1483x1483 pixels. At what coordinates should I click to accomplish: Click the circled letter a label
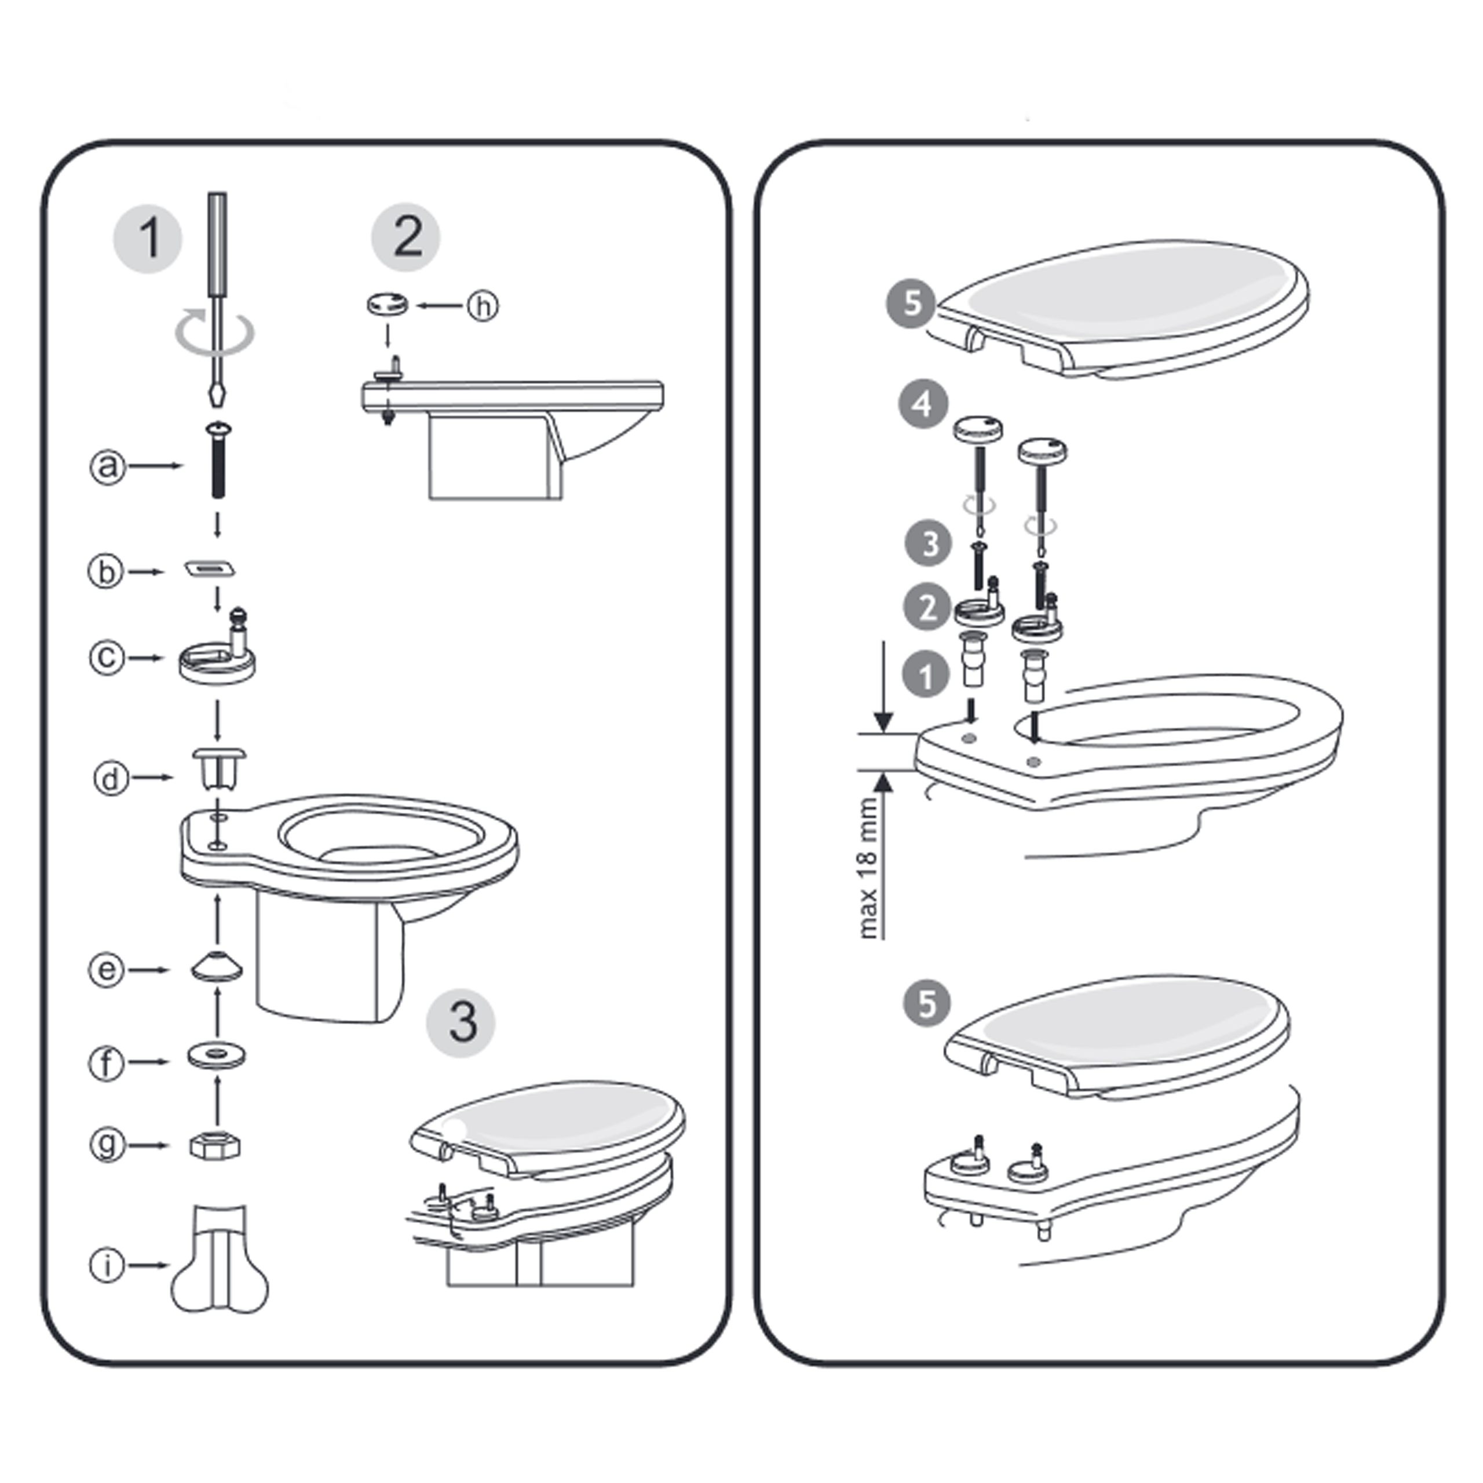[108, 466]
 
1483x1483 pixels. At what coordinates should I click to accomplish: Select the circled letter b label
[106, 572]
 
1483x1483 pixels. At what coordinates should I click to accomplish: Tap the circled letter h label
[483, 306]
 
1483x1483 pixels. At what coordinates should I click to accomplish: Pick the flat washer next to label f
[217, 1056]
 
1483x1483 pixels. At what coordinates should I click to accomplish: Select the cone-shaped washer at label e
[217, 966]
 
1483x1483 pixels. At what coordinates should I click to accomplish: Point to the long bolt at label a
[217, 460]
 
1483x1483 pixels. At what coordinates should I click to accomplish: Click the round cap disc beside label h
[386, 304]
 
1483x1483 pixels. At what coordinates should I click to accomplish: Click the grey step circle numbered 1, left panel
[147, 239]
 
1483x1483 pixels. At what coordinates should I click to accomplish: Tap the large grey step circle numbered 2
[406, 237]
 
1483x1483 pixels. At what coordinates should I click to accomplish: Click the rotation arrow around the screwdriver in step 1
[215, 331]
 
